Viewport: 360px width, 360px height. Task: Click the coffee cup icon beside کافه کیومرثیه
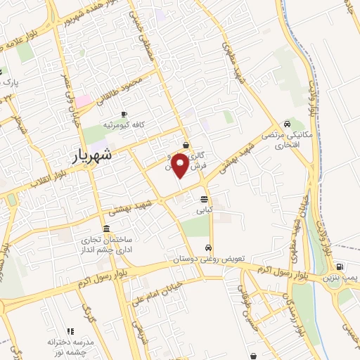(x=124, y=114)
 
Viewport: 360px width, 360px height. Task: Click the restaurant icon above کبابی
(x=204, y=199)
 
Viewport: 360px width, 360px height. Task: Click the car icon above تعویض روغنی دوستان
(x=209, y=248)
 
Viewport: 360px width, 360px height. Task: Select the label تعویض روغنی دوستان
(x=209, y=259)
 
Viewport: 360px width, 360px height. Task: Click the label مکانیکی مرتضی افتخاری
(x=281, y=139)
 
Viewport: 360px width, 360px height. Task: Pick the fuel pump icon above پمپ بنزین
(x=340, y=267)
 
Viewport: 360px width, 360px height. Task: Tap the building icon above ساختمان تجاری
(x=105, y=229)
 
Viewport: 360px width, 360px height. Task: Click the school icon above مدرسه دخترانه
(x=70, y=330)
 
